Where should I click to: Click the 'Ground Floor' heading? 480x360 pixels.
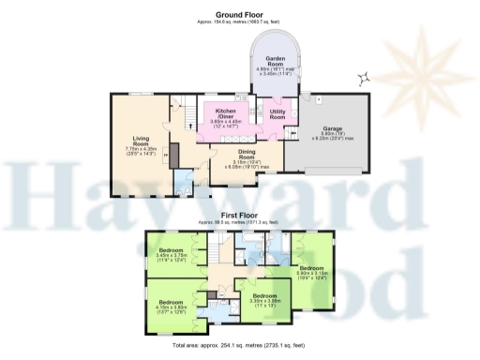[239, 14]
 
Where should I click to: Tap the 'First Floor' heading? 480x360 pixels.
[239, 215]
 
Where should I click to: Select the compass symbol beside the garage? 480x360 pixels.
[364, 78]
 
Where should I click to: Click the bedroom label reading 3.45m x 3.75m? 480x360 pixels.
[172, 253]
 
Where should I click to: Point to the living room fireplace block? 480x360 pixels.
[168, 155]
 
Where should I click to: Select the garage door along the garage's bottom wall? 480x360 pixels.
[333, 172]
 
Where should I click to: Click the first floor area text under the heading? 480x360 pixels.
[239, 222]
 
